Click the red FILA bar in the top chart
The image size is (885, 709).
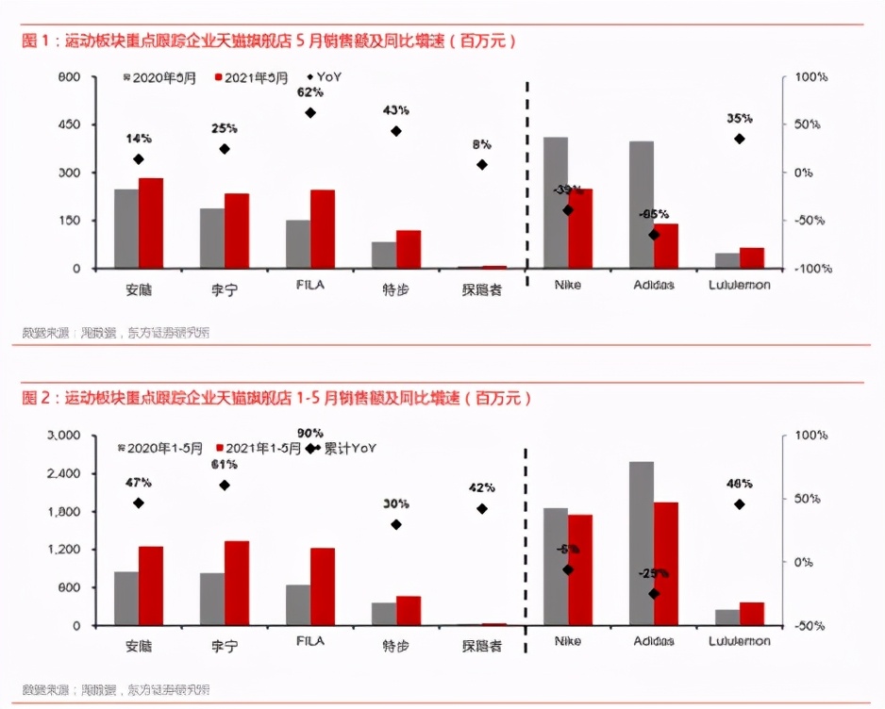(x=323, y=229)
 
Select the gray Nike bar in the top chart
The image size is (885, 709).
(x=556, y=203)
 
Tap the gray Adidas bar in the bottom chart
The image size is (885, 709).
(x=642, y=543)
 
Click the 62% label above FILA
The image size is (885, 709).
(x=309, y=92)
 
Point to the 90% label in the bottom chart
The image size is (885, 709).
(x=309, y=433)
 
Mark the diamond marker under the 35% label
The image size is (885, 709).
(x=740, y=139)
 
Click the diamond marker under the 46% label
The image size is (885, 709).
(x=740, y=504)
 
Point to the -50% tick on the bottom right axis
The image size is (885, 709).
(x=810, y=626)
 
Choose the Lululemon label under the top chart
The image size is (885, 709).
(x=739, y=285)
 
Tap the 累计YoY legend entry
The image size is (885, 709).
(x=349, y=449)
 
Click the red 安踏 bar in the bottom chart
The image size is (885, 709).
(x=150, y=585)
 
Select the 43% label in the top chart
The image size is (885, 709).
(x=395, y=110)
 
